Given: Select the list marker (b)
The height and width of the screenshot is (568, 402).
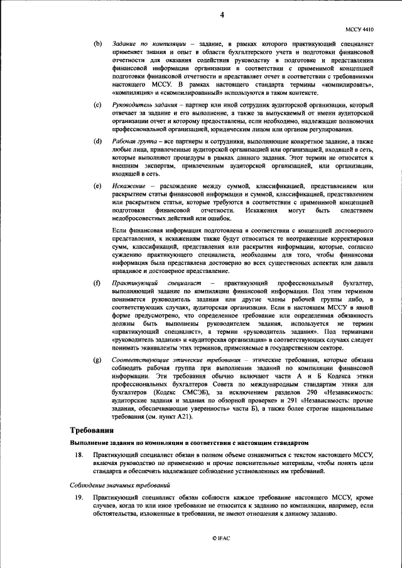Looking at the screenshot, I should point(97,43).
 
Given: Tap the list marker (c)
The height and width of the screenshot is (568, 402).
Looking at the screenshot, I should point(97,103).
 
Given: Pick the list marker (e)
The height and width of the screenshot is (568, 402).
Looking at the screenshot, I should point(97,186).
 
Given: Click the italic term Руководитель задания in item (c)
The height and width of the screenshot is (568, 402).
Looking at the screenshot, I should point(139,103).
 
